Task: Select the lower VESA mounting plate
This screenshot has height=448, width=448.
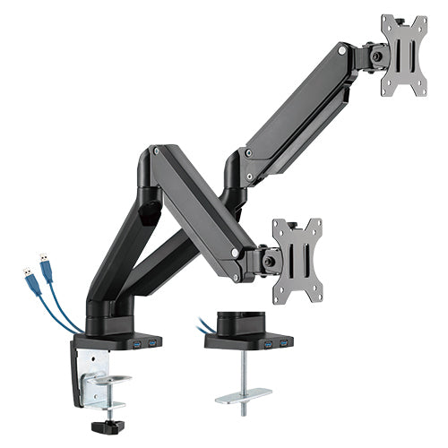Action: (x=297, y=256)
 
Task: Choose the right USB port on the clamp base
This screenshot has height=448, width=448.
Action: (x=152, y=345)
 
